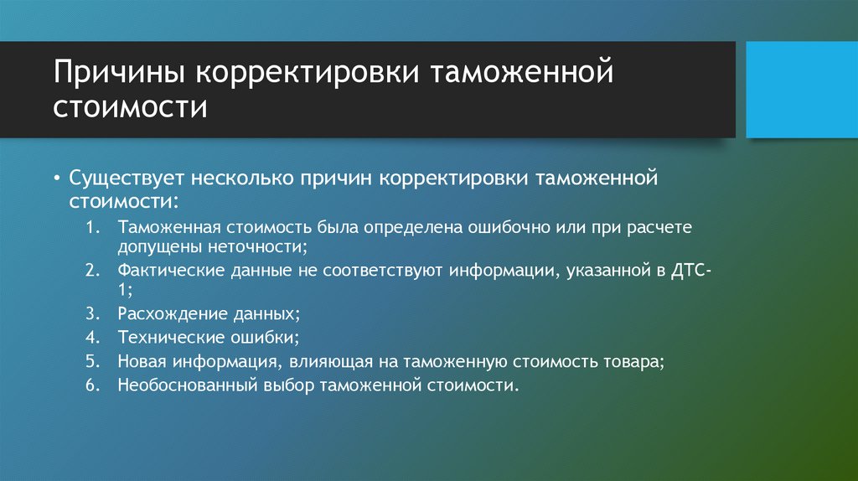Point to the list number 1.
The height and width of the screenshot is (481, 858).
pos(92,228)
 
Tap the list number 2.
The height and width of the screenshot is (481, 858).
pos(92,272)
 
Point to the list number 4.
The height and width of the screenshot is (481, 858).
pos(92,339)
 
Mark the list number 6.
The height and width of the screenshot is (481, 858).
pos(92,385)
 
